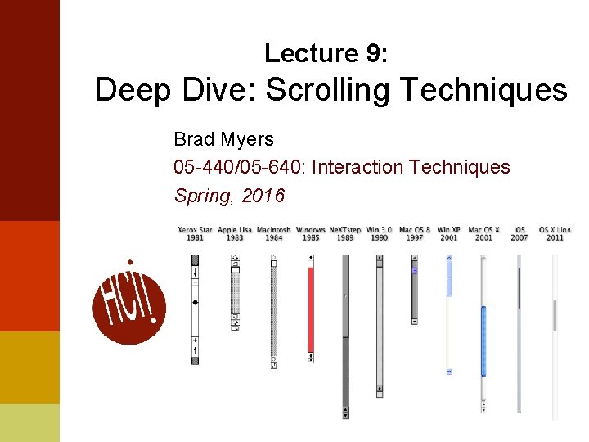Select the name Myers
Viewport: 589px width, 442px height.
251,139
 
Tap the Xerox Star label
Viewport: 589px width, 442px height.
195,233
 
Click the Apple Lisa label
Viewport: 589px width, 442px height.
235,233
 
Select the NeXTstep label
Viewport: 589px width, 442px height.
345,233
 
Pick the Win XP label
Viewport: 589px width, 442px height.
449,233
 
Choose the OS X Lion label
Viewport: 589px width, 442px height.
555,233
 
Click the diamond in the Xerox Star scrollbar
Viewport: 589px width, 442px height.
195,303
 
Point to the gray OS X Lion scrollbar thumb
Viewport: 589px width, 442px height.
555,315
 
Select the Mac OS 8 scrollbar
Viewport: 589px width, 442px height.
415,290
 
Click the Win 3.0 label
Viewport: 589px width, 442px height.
379,233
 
